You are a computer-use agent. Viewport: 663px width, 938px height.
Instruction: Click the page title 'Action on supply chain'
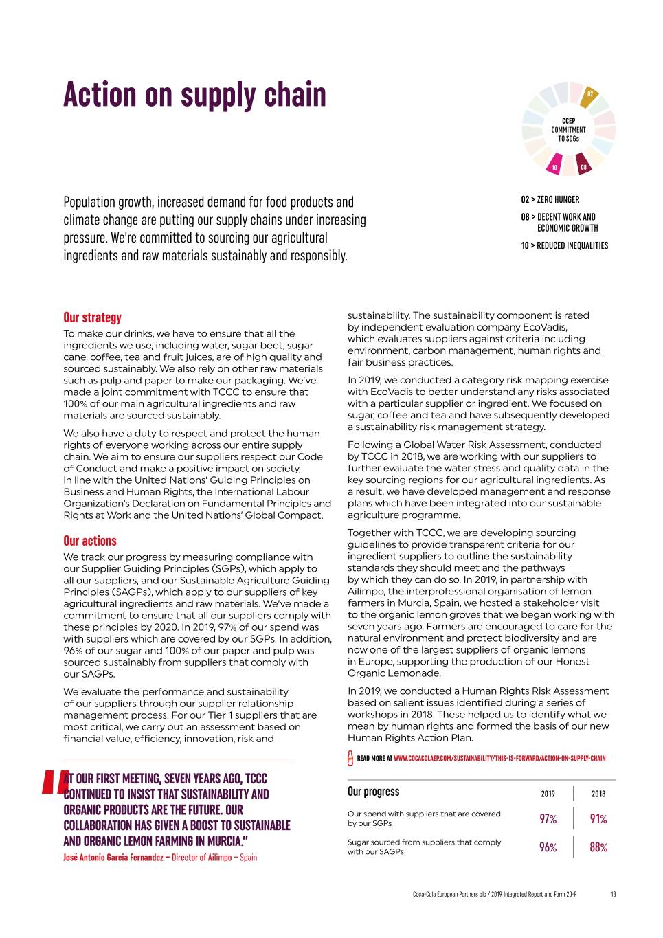pos(194,94)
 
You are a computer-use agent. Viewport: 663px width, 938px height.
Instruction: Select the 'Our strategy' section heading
pos(92,317)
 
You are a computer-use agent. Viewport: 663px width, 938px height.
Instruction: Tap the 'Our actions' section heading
pos(90,541)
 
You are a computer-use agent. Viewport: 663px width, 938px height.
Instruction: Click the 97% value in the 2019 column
pos(548,819)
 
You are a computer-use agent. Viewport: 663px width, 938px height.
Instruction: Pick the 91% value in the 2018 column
pos(598,819)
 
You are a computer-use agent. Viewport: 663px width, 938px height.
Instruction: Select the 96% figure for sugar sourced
pos(548,847)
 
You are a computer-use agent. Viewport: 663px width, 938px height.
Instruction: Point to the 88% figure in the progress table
pos(598,847)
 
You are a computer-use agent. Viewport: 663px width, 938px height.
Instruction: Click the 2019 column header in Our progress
pos(548,794)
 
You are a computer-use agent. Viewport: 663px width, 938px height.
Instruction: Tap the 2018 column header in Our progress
pos(598,794)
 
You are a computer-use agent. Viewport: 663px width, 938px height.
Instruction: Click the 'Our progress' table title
pos(373,792)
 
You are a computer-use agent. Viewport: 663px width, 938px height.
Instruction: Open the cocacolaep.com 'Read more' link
pos(499,759)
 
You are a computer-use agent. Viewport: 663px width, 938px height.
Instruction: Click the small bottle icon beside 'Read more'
pos(350,759)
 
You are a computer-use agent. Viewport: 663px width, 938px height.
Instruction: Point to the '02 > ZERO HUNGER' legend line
pos(550,199)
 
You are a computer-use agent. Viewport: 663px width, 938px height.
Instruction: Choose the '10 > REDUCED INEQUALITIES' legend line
pos(564,245)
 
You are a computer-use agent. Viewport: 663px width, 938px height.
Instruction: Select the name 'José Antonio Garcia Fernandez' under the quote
pos(113,858)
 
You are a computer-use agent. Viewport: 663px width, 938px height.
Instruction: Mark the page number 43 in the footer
pos(612,894)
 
